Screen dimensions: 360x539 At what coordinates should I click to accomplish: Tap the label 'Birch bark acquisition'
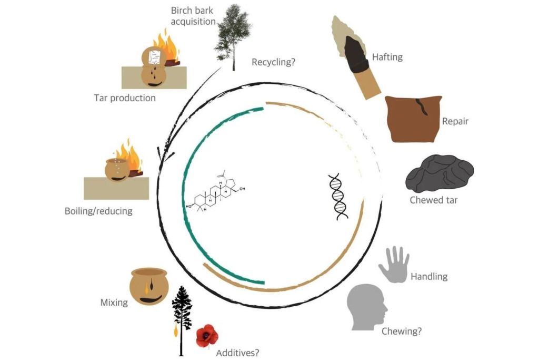[193, 16]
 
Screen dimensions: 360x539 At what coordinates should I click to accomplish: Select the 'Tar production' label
[125, 98]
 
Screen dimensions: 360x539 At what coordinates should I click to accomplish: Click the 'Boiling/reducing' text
[98, 211]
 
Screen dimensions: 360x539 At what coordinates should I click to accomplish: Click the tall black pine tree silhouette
[182, 316]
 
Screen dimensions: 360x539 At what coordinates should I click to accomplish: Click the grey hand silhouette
[394, 264]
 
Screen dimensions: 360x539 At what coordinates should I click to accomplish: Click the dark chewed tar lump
[439, 174]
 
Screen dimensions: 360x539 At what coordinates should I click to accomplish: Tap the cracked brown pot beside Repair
[413, 119]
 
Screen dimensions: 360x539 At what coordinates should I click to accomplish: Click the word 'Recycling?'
[273, 62]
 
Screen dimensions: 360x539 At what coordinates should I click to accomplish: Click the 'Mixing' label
[114, 303]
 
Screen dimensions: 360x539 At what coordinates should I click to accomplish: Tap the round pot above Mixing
[149, 287]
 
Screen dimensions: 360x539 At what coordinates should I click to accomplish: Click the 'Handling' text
[429, 276]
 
